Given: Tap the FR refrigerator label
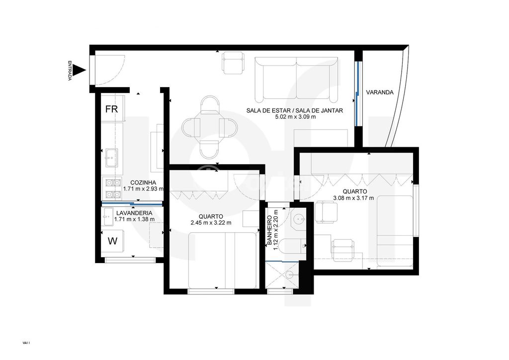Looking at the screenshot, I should pyautogui.click(x=111, y=109).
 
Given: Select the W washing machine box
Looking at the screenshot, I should pyautogui.click(x=113, y=242).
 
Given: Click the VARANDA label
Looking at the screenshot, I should pyautogui.click(x=380, y=92).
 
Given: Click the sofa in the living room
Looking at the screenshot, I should pyautogui.click(x=297, y=79).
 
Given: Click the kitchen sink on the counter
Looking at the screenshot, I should pyautogui.click(x=110, y=158).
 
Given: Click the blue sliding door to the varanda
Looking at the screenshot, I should pyautogui.click(x=357, y=93).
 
